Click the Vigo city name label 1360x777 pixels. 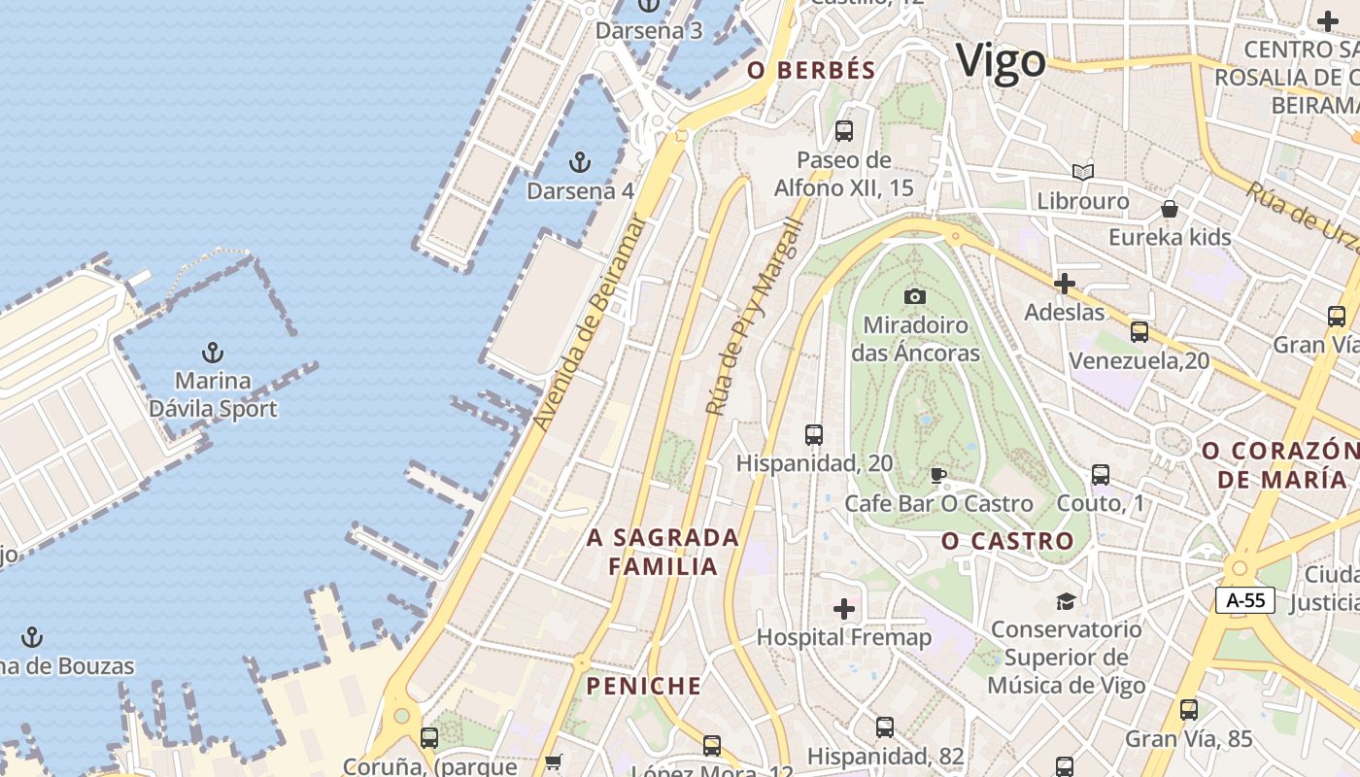coord(1001,61)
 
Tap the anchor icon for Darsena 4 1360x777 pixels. coord(580,162)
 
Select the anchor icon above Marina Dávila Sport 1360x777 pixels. coord(212,352)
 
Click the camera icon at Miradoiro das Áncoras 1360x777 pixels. coord(915,296)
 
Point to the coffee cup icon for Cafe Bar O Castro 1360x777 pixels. coord(937,475)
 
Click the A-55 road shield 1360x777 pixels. coord(1245,600)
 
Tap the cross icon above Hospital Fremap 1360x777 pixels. coord(844,609)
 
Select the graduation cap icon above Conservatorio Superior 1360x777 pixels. coord(1066,601)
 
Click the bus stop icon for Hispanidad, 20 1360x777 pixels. coord(814,435)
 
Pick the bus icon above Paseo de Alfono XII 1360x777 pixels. coord(844,130)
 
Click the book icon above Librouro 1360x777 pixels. coord(1083,173)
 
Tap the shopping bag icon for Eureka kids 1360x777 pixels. coord(1170,209)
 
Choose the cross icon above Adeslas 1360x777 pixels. coord(1065,284)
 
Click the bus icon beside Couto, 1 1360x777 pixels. coord(1101,475)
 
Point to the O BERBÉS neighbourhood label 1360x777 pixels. coord(811,70)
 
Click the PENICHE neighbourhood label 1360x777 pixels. coord(643,687)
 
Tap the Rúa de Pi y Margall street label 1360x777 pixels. coord(755,317)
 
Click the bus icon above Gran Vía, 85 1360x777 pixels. coord(1189,710)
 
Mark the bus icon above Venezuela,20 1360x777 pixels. coord(1139,332)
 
